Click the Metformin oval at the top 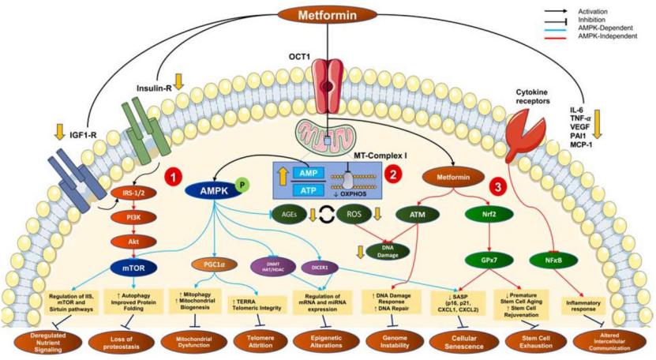[x=326, y=14]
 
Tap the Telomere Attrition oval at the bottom [x=264, y=340]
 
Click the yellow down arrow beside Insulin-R [x=179, y=79]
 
